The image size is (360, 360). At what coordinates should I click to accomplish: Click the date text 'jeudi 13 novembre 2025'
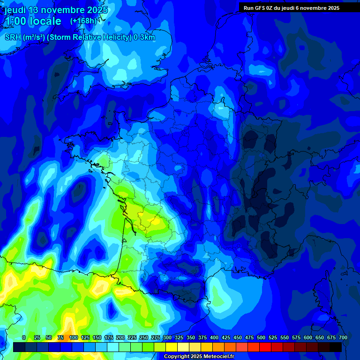(x=56, y=10)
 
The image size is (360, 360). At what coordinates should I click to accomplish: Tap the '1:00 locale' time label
(x=33, y=21)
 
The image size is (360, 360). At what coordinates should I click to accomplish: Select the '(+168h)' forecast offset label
(x=83, y=21)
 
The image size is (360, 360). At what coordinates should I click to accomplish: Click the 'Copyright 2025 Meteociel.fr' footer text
(x=199, y=356)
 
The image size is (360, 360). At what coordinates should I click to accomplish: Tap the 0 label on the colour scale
(x=24, y=337)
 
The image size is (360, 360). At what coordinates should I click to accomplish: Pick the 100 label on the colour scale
(x=73, y=337)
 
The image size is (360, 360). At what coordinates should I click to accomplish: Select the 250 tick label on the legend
(x=143, y=337)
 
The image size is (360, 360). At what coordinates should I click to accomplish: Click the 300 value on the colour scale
(x=167, y=337)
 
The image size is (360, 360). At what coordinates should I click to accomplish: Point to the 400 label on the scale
(x=214, y=337)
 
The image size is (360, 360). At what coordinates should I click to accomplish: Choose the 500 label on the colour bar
(x=261, y=337)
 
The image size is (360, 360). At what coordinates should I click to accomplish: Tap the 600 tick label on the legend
(x=308, y=337)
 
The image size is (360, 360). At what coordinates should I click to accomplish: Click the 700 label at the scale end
(x=343, y=337)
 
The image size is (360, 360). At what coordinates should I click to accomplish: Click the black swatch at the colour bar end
(x=336, y=347)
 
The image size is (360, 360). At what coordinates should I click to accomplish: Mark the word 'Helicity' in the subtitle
(x=117, y=37)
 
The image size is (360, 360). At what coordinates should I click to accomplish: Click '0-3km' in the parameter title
(x=144, y=37)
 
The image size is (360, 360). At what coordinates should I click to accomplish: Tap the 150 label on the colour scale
(x=97, y=337)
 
